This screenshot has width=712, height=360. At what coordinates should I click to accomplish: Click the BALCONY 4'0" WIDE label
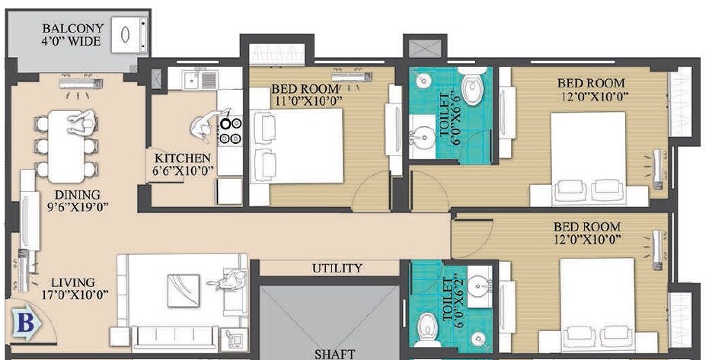point(72,35)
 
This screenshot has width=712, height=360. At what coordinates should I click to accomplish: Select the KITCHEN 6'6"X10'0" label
point(183,164)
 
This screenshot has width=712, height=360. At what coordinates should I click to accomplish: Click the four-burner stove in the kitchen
point(231,130)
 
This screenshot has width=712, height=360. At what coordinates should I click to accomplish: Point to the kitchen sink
point(202,78)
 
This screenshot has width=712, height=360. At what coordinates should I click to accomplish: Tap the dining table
point(67,146)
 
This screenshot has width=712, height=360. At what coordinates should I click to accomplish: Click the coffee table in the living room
point(184,290)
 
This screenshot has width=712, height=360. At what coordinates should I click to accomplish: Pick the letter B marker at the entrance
point(26,323)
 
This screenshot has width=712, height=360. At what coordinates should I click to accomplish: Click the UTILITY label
point(337,269)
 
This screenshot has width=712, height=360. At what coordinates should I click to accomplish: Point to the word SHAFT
point(334,353)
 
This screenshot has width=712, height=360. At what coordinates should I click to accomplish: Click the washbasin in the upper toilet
point(421,137)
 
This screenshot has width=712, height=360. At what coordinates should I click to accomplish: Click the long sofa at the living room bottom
point(174,337)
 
